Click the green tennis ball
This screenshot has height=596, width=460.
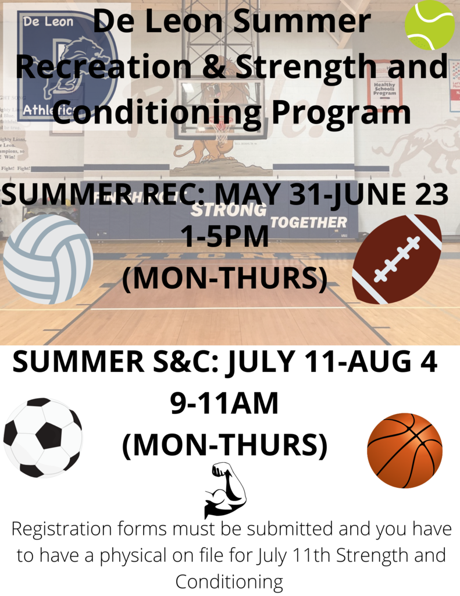[430, 25]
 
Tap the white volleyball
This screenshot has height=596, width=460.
[48, 259]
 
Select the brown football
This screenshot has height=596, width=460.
[397, 259]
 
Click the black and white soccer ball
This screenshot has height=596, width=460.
[43, 438]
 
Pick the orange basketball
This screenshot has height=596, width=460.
[405, 450]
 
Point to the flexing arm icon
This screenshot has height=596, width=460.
[225, 490]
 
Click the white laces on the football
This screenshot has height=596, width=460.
[397, 259]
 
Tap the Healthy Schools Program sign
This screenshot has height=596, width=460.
[384, 89]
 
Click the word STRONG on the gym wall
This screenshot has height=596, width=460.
[229, 210]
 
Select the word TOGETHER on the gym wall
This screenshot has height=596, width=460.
[308, 222]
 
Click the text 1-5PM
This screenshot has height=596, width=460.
[225, 236]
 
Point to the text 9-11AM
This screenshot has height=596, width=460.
[224, 403]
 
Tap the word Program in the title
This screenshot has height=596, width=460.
[341, 113]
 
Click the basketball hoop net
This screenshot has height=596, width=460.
[220, 131]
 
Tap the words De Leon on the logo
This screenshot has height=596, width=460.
[48, 22]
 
